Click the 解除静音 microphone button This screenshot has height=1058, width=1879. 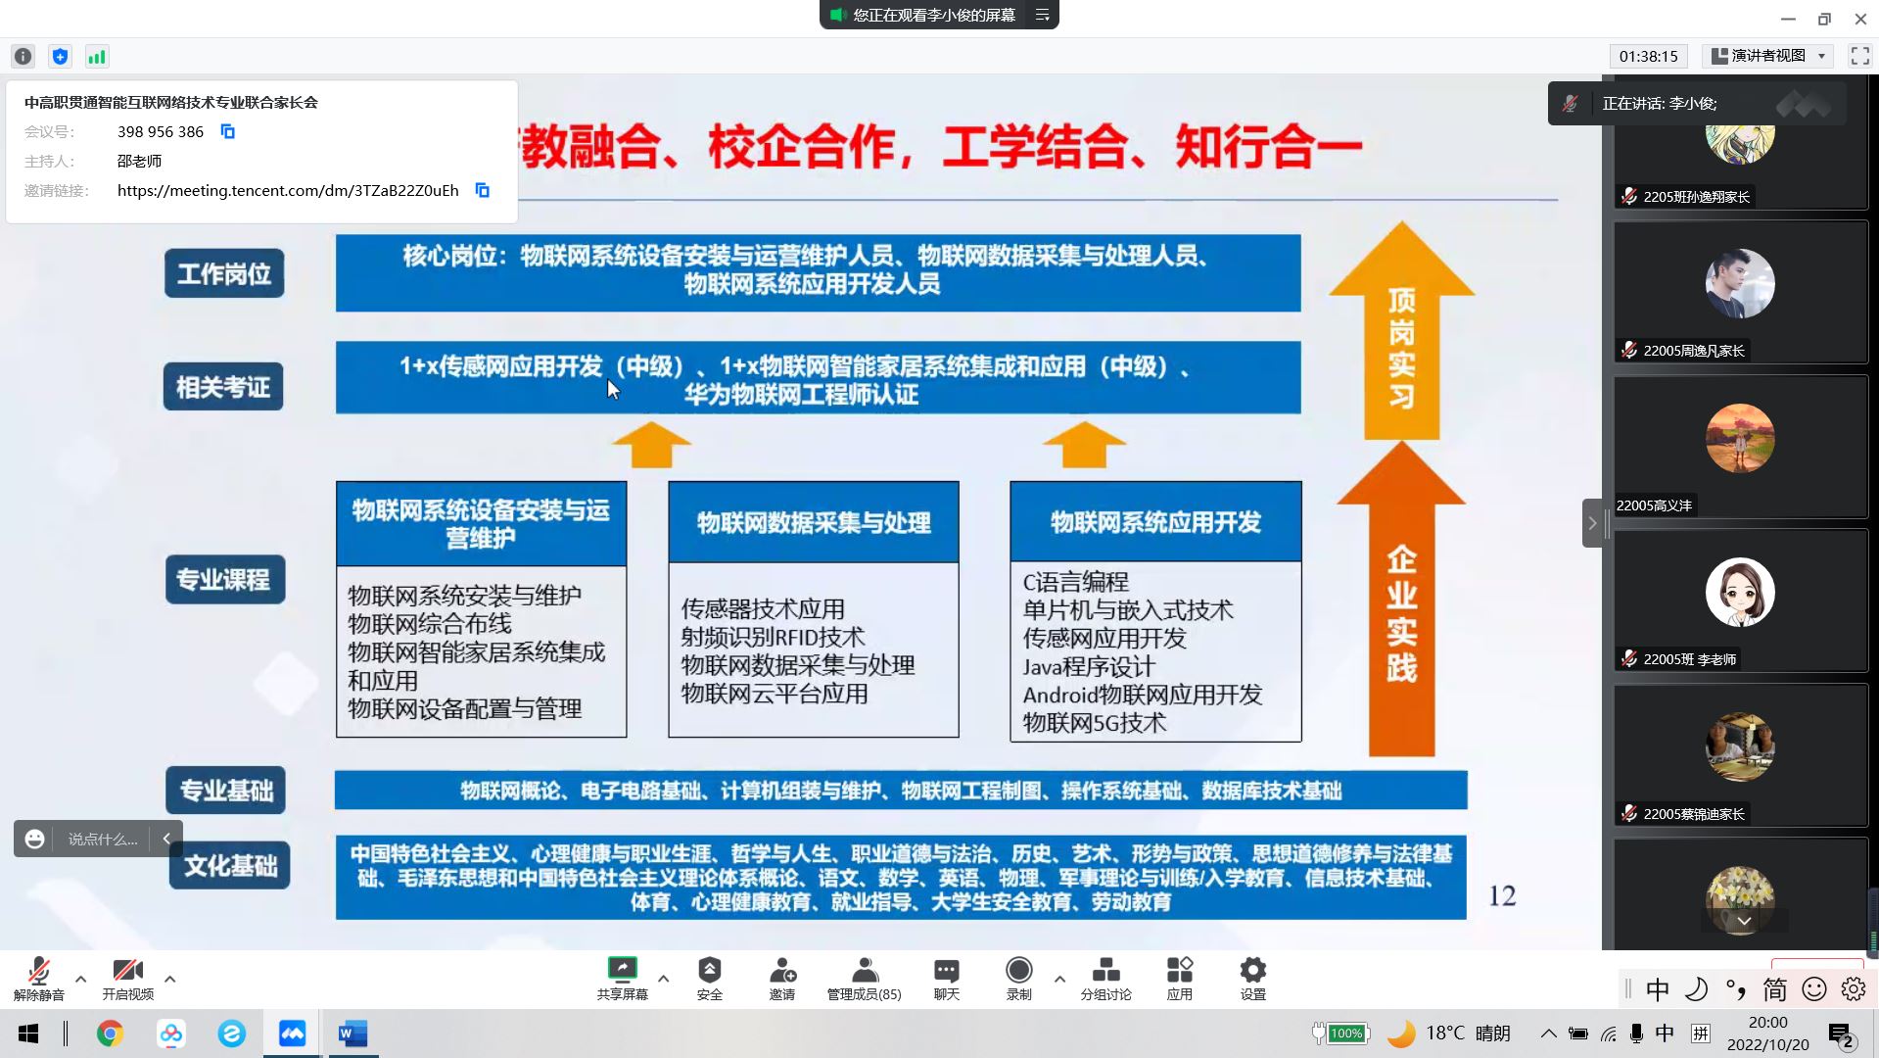pos(39,979)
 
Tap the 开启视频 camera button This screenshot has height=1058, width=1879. pos(127,979)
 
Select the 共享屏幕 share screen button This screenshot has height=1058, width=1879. pos(622,979)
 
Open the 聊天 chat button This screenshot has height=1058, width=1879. pos(946,979)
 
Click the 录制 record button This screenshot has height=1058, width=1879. pos(1018,979)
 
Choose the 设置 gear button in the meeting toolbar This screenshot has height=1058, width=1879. pos(1252,979)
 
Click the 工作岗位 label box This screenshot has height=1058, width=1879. pos(224,273)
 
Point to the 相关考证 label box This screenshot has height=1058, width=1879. pos(223,387)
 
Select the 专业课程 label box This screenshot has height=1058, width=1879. pos(225,579)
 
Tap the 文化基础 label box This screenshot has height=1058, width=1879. pos(230,865)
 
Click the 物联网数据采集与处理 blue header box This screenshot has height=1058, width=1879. pos(814,522)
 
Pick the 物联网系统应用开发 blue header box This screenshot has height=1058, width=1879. pos(1155,522)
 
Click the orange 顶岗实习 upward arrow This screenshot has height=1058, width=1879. pos(1401,331)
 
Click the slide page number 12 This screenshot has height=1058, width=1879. pos(1502,895)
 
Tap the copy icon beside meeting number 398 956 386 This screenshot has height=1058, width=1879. pos(227,131)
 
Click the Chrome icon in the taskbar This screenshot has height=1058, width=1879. pos(110,1034)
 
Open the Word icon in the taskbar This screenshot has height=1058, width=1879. pos(352,1034)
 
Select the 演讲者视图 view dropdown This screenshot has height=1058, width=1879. pos(1768,56)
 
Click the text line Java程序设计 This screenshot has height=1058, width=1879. pos(1089,667)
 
